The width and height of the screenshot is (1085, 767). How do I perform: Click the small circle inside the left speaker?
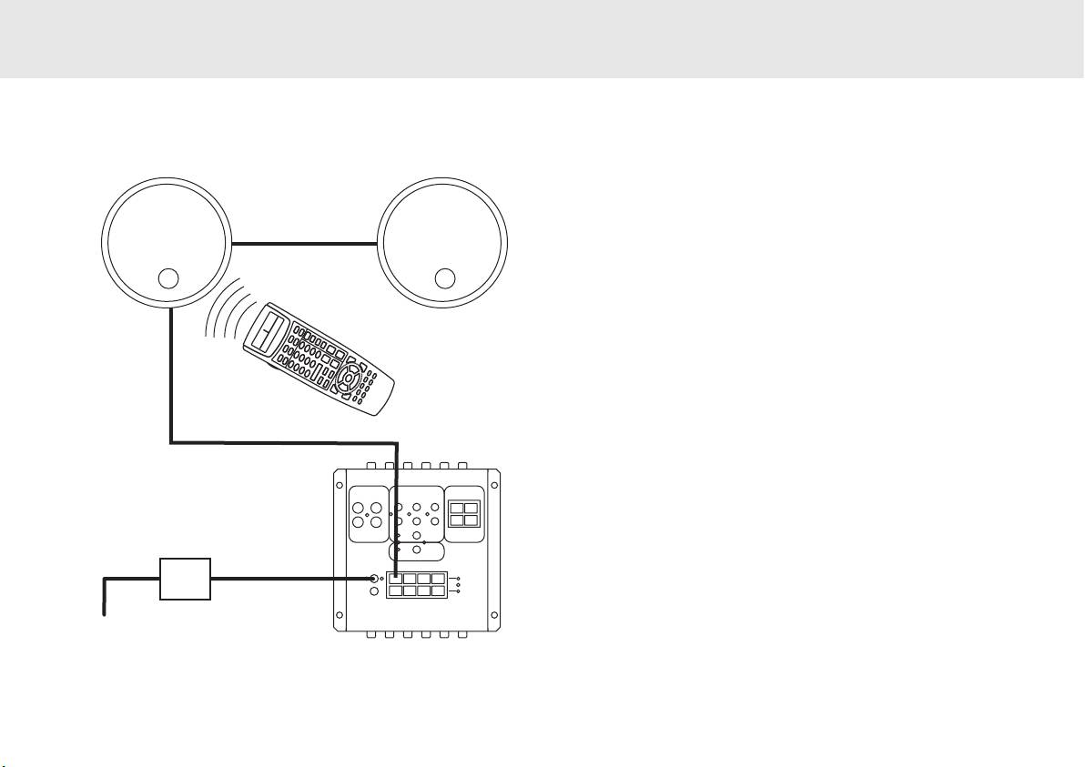167,278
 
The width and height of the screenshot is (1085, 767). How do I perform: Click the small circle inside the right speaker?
444,278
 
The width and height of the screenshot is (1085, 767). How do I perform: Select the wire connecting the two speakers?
305,244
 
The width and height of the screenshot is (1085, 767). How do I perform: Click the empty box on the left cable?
185,579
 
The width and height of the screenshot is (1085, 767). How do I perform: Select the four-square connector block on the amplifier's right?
465,514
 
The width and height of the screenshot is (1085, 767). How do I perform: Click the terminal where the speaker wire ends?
395,579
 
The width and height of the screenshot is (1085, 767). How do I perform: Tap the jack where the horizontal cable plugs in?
374,579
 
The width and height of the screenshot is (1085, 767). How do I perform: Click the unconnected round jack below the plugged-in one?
374,592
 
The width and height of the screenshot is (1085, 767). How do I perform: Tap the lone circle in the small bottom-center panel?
416,550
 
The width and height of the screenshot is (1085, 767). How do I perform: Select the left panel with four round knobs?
367,515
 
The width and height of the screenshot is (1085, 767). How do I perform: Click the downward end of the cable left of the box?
104,611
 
